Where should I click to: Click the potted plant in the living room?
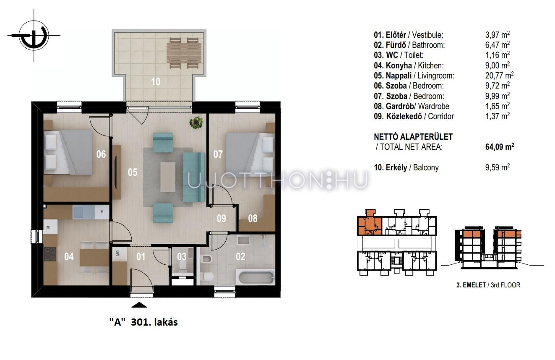[x=196, y=123]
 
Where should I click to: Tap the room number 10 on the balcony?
[x=156, y=82]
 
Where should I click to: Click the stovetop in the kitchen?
[x=50, y=254]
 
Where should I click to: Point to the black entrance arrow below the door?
[x=139, y=305]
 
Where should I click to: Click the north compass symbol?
[x=34, y=35]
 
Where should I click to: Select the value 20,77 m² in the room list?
[x=499, y=76]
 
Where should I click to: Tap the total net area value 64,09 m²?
[x=500, y=147]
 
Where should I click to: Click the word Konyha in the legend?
[x=399, y=65]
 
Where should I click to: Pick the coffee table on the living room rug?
[x=168, y=177]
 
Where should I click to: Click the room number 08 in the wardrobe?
[x=253, y=219]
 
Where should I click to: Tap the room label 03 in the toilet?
[x=182, y=257]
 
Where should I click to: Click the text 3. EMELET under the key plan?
[x=471, y=285]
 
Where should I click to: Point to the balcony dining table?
[x=184, y=53]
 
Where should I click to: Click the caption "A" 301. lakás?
[x=143, y=322]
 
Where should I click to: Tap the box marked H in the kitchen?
[x=102, y=212]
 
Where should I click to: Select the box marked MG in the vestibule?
[x=118, y=253]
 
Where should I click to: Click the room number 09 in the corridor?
[x=221, y=219]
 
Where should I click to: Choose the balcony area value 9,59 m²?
[x=497, y=167]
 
